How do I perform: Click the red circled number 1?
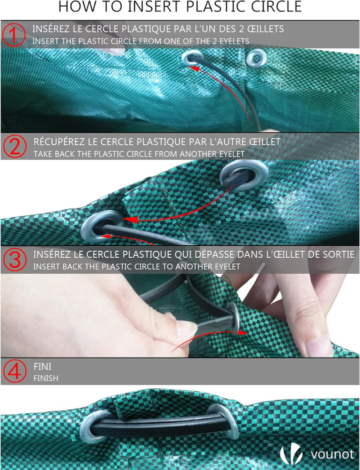[14, 35]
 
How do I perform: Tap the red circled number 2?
[14, 146]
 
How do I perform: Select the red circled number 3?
[14, 260]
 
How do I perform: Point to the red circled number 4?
[14, 371]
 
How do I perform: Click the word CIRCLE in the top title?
[276, 6]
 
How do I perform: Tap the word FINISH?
[46, 378]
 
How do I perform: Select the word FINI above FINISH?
[42, 367]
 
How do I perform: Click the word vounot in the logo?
[332, 455]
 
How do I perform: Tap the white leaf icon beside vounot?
[290, 454]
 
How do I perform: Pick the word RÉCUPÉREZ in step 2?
[59, 141]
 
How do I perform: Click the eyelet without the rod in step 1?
[256, 58]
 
